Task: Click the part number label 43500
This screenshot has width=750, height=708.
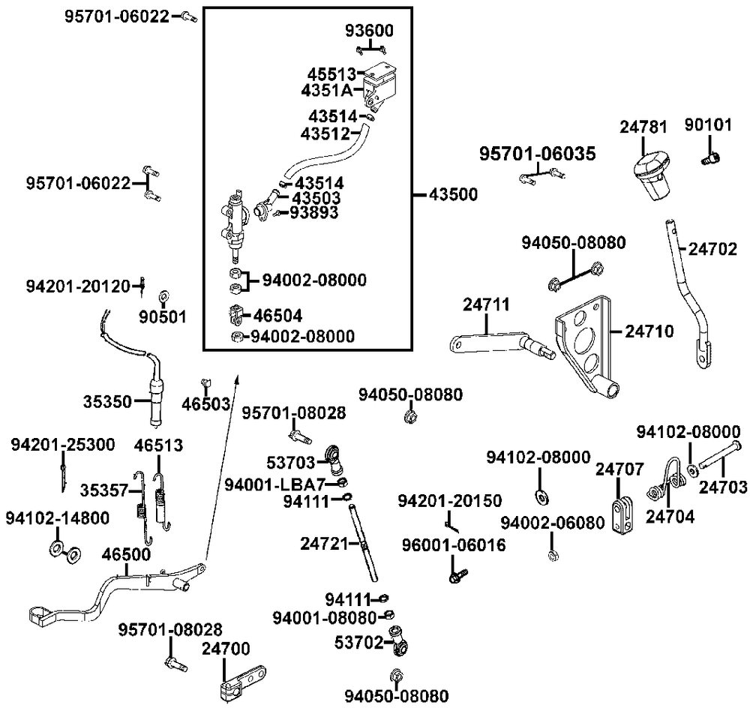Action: tap(453, 193)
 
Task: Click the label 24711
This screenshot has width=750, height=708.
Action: tap(486, 304)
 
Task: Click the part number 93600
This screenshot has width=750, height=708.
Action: tap(369, 31)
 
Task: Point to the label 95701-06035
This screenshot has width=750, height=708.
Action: tap(538, 154)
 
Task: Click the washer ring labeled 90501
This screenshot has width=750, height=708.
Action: tap(164, 294)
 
